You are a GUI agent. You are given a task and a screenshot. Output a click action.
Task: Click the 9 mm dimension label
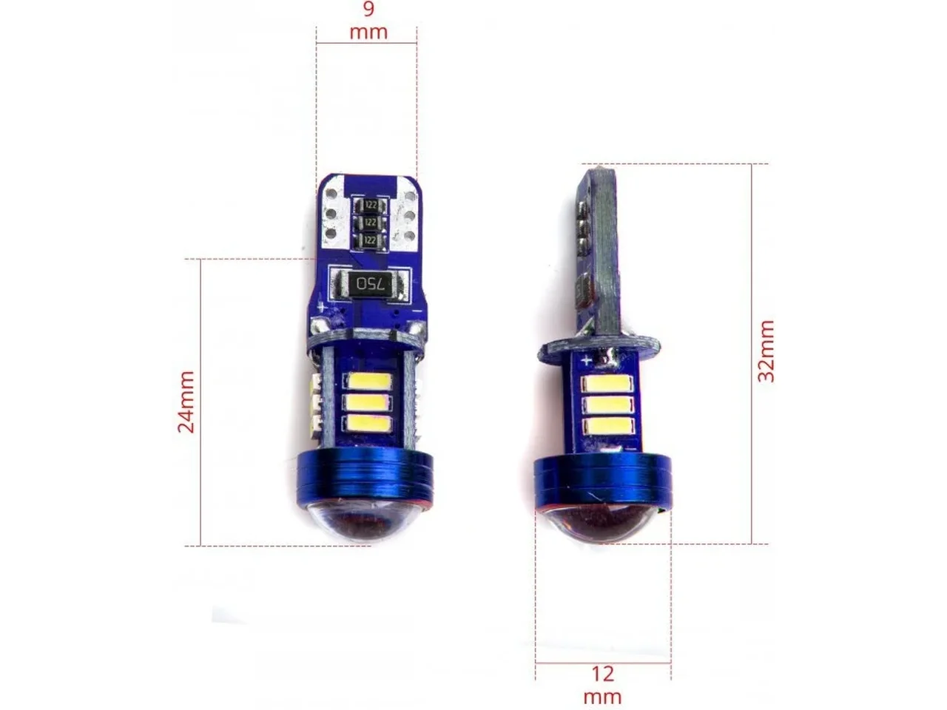(x=368, y=20)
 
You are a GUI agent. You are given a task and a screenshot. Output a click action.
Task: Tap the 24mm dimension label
(x=186, y=402)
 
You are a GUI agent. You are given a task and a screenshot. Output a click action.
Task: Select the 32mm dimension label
(x=766, y=351)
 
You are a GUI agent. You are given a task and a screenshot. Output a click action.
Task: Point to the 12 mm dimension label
(x=602, y=686)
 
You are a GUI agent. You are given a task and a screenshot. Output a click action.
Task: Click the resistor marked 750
(x=370, y=284)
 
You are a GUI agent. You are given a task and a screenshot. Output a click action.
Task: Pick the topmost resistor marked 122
(x=370, y=204)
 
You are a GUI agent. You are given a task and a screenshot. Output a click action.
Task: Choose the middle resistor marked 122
(x=370, y=222)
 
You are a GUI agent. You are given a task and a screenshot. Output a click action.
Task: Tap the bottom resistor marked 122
(x=370, y=240)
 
